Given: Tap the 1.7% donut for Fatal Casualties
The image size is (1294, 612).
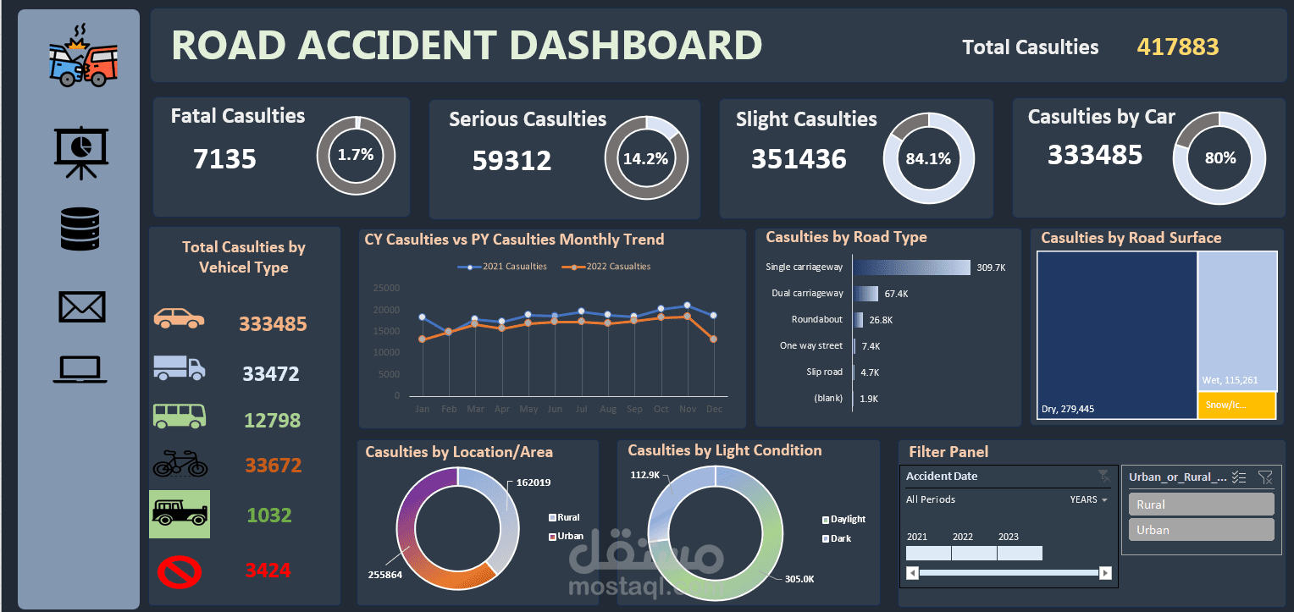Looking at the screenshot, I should pyautogui.click(x=355, y=155).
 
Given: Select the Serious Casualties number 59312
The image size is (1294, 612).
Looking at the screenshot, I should pyautogui.click(x=512, y=160).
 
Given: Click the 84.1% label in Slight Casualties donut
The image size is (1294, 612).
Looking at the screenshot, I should pyautogui.click(x=928, y=158).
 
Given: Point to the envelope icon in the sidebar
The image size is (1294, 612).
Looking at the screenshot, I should pyautogui.click(x=81, y=306).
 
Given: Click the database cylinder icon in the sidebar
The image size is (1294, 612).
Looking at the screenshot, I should pyautogui.click(x=80, y=229).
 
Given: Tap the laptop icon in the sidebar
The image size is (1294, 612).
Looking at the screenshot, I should pyautogui.click(x=80, y=370).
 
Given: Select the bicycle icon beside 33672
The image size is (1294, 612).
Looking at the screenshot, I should pyautogui.click(x=180, y=463).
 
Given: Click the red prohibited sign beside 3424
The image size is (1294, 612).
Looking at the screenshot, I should pyautogui.click(x=180, y=571).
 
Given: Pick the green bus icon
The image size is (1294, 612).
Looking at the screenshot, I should pyautogui.click(x=179, y=416).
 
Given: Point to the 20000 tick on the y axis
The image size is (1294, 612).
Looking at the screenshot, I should pyautogui.click(x=385, y=310).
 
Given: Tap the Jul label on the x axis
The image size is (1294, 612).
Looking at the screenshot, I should pyautogui.click(x=581, y=410).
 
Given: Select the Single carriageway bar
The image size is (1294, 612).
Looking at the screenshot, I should pyautogui.click(x=911, y=267).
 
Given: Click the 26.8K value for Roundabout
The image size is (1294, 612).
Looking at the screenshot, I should pyautogui.click(x=881, y=320).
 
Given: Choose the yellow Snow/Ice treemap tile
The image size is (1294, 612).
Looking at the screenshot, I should pyautogui.click(x=1236, y=405).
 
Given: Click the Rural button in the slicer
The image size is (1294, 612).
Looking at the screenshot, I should pyautogui.click(x=1201, y=504).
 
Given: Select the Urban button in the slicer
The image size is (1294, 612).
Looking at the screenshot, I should pyautogui.click(x=1201, y=530).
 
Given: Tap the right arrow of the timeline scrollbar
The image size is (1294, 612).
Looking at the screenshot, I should pyautogui.click(x=1104, y=573).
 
